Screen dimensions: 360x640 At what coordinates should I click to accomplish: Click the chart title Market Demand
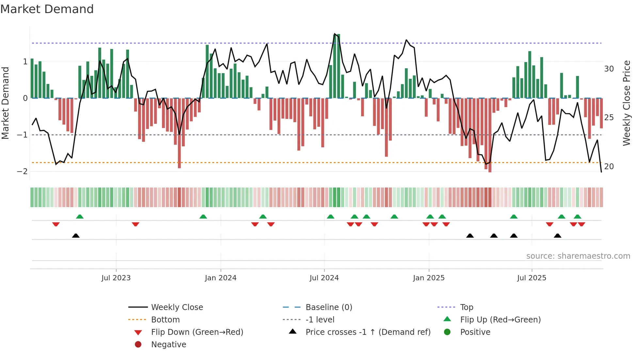pos(47,9)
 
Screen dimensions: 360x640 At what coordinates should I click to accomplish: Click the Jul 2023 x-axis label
pos(116,278)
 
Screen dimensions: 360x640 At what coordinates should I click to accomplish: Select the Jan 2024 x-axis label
pos(220,278)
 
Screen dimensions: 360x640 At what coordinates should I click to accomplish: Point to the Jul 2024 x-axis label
pos(324,278)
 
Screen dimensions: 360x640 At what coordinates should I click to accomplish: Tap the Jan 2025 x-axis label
pos(428,278)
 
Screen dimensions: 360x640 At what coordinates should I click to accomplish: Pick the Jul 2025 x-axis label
pos(532,278)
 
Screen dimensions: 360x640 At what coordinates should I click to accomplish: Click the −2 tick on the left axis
pos(22,172)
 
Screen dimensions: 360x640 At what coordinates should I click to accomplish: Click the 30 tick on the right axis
pos(609,69)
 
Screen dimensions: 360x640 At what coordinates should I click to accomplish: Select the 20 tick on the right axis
pos(609,167)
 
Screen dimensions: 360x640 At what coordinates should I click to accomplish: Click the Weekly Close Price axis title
pos(626,103)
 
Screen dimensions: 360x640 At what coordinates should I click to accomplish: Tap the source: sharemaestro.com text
pos(578,256)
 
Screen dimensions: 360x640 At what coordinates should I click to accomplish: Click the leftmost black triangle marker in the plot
pos(76,236)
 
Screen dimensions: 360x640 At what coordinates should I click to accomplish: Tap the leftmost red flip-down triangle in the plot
pos(56,224)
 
